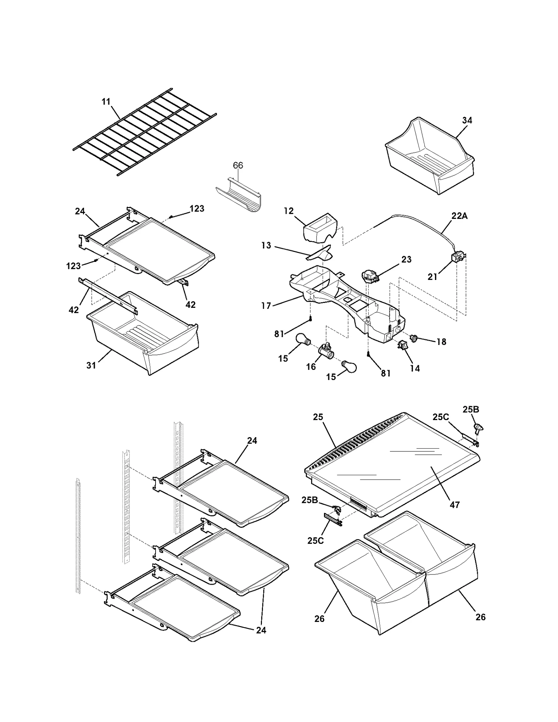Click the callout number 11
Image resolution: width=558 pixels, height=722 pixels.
tap(106, 101)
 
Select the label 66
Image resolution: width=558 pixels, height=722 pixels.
tap(238, 165)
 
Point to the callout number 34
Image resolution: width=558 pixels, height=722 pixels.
tap(467, 120)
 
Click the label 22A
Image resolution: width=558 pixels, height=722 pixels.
tap(459, 216)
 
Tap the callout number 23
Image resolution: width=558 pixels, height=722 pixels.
tap(406, 259)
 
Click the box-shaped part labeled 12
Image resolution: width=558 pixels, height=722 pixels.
tap(320, 227)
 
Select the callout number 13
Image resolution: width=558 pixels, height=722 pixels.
tap(266, 245)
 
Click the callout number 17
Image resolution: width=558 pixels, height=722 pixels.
tap(266, 306)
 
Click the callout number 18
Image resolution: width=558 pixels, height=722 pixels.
tap(442, 342)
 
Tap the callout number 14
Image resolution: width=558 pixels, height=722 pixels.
tap(415, 368)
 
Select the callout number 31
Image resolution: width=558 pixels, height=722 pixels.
tap(91, 365)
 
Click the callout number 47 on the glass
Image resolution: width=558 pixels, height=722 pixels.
tap(454, 504)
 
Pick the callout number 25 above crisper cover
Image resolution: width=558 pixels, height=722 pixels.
tap(318, 417)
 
